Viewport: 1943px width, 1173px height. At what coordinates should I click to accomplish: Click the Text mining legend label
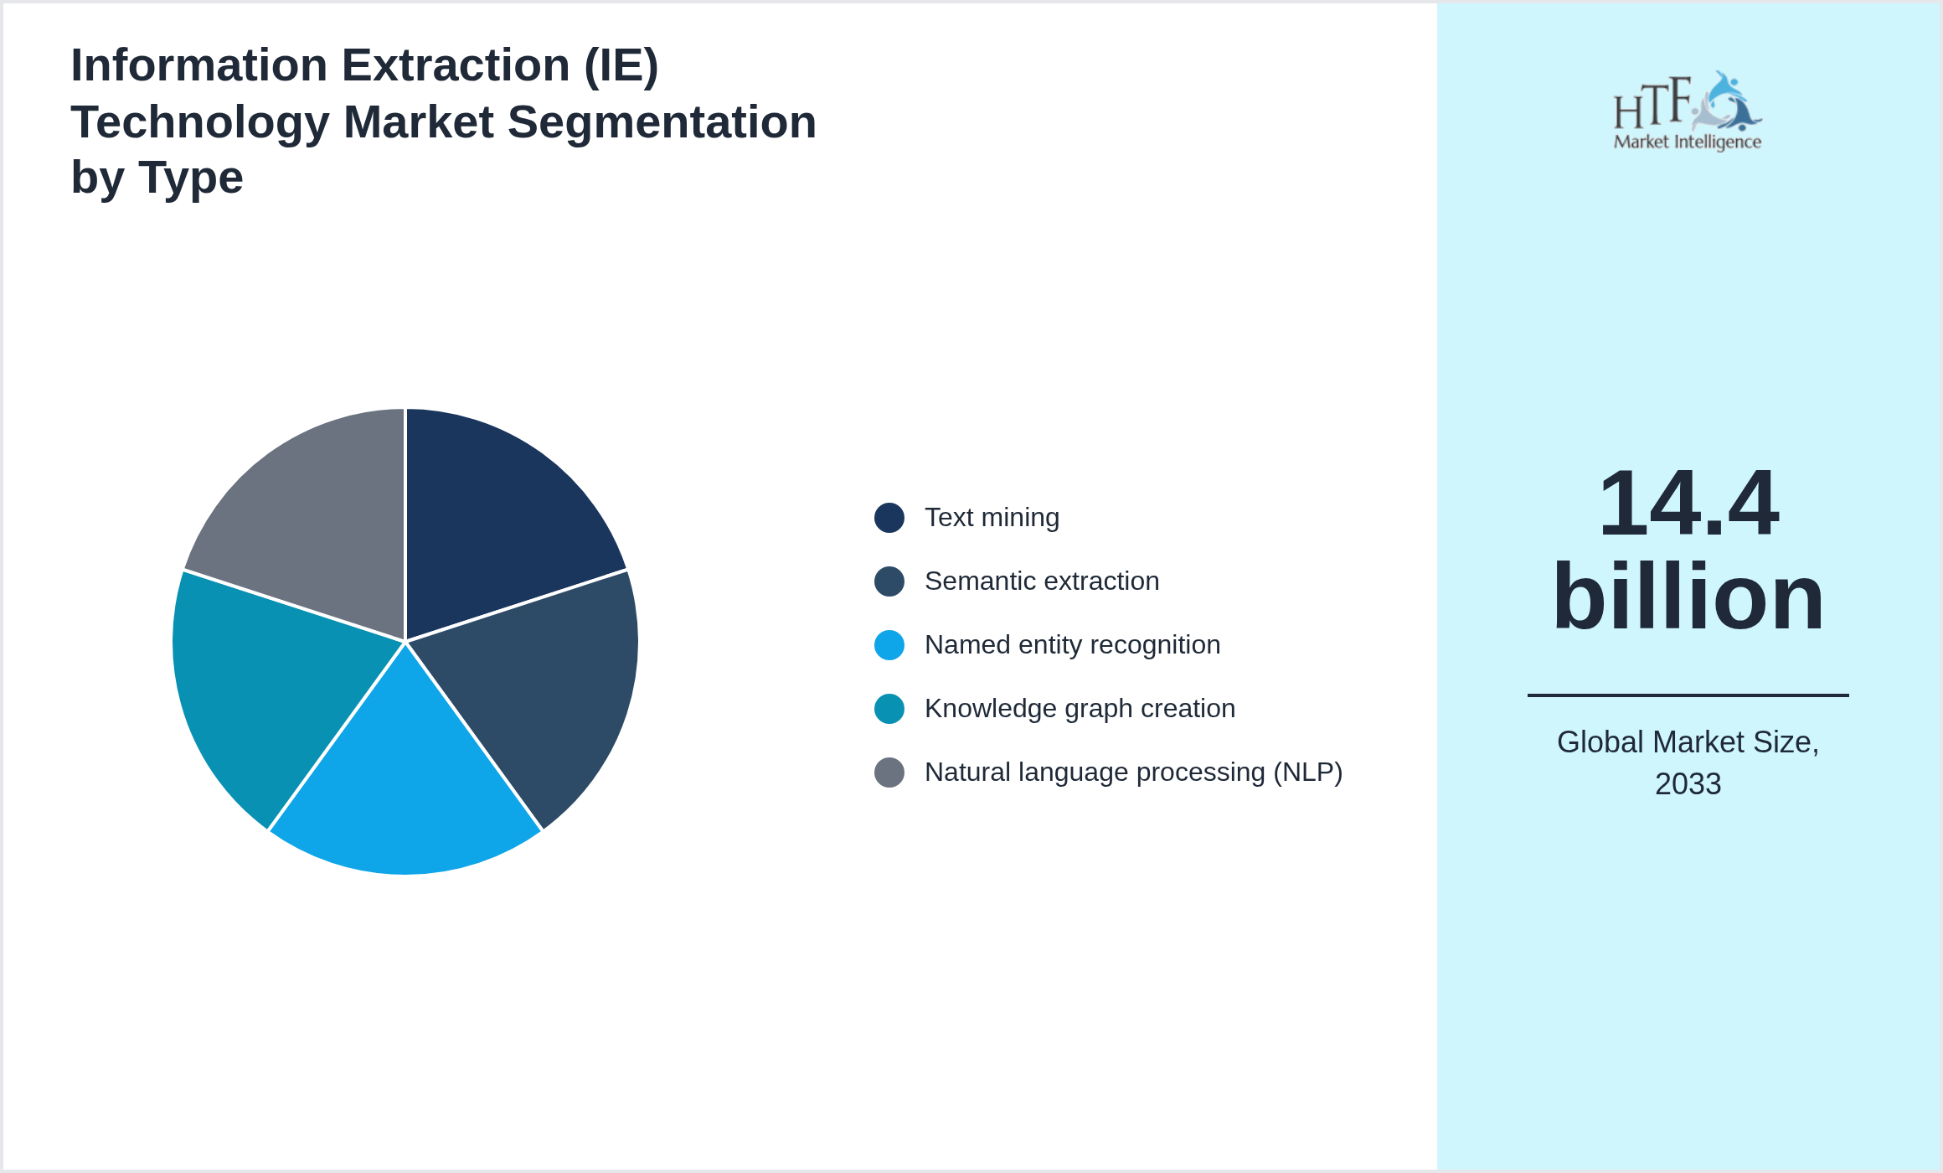(992, 518)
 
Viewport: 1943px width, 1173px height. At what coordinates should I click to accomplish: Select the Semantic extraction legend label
(1042, 581)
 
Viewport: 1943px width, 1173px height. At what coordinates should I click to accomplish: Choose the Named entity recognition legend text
(1072, 645)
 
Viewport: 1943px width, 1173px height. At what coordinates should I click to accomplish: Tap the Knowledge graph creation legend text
(1080, 709)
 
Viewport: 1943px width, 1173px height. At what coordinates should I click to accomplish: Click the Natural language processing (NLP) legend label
(1133, 773)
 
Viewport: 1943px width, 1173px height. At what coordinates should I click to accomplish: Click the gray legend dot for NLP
(889, 773)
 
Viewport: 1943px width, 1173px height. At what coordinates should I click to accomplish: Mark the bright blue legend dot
(889, 645)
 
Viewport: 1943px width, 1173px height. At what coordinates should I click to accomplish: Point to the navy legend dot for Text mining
(889, 518)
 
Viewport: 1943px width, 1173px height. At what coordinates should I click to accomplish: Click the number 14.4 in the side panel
(1688, 504)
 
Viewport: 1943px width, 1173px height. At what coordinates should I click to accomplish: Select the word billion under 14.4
(1688, 597)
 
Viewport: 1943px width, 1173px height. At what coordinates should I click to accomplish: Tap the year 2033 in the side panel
(1688, 784)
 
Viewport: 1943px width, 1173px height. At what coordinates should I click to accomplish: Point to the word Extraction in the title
(456, 65)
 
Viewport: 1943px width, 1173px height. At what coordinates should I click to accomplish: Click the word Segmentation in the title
(662, 122)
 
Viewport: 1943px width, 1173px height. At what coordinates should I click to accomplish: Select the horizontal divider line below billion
(1688, 695)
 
